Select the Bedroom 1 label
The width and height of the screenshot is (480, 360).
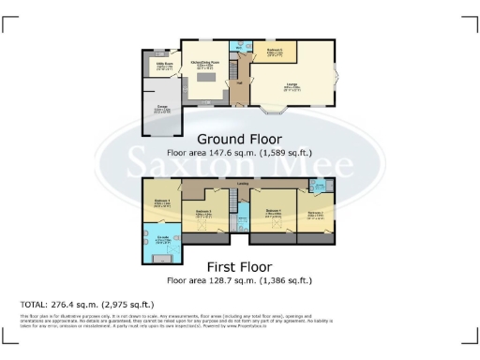pyautogui.click(x=162, y=200)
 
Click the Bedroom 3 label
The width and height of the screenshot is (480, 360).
pyautogui.click(x=203, y=212)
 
